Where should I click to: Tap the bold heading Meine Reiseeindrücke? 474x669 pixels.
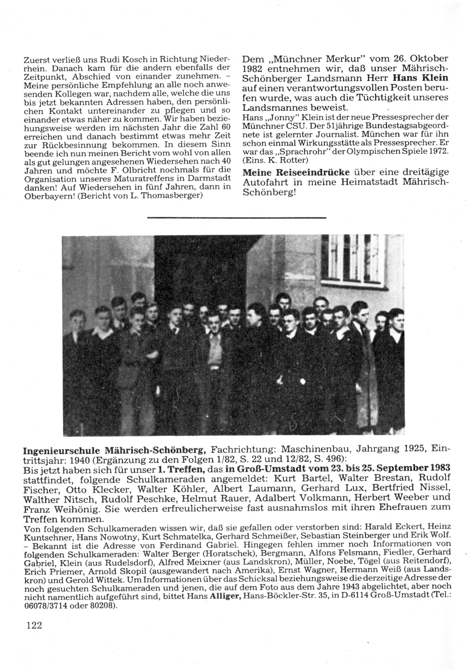pyautogui.click(x=297, y=172)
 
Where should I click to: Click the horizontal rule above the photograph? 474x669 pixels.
pyautogui.click(x=237, y=217)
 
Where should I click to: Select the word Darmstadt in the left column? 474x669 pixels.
pyautogui.click(x=207, y=178)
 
